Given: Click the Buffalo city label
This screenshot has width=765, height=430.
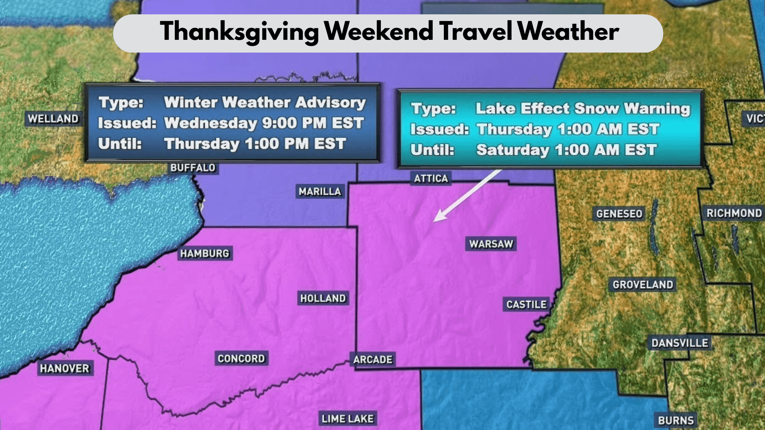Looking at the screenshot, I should pyautogui.click(x=193, y=168).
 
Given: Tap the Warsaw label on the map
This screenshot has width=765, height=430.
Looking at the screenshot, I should pyautogui.click(x=491, y=244).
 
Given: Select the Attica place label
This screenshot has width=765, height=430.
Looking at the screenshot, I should pyautogui.click(x=431, y=178).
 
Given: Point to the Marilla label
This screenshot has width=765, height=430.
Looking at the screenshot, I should pyautogui.click(x=320, y=192).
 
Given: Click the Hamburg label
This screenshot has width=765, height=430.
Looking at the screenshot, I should pyautogui.click(x=205, y=254).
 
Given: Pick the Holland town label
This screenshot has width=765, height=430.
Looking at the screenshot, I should pyautogui.click(x=323, y=298).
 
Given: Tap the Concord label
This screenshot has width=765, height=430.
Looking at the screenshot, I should pyautogui.click(x=241, y=359).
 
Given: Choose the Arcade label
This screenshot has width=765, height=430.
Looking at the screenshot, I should pyautogui.click(x=373, y=360).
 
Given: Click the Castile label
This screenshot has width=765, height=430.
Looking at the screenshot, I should pyautogui.click(x=526, y=305).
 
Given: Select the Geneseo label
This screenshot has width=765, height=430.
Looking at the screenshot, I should pyautogui.click(x=619, y=214).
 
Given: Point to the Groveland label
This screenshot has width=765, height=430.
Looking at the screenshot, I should pyautogui.click(x=643, y=285).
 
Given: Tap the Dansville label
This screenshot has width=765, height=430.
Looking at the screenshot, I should pyautogui.click(x=680, y=343).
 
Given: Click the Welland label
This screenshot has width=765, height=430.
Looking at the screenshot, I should pyautogui.click(x=53, y=119).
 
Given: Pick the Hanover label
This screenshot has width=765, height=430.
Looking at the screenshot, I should pyautogui.click(x=65, y=369).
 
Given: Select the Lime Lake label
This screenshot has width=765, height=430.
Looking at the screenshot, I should pyautogui.click(x=347, y=419).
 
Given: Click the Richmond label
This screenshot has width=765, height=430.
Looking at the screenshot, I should pyautogui.click(x=734, y=213).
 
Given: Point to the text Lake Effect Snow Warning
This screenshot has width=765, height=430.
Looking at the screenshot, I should pyautogui.click(x=583, y=109).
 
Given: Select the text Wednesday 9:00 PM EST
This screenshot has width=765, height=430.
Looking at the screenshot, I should pyautogui.click(x=264, y=123).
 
